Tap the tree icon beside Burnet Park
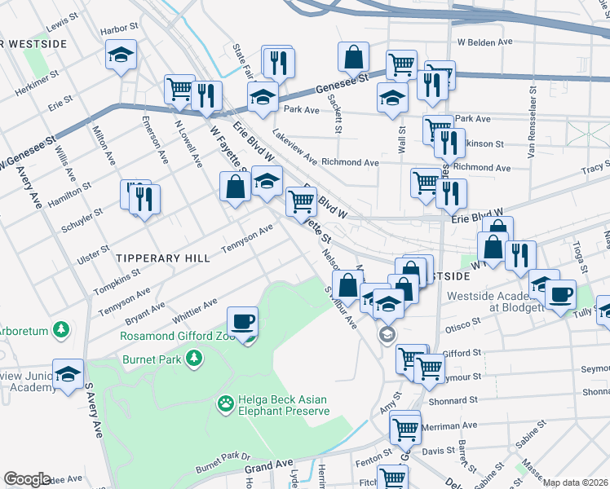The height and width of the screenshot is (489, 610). click(193, 358)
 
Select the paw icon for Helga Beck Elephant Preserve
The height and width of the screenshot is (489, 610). click(225, 403)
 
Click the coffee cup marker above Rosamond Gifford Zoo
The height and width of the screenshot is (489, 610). click(242, 322)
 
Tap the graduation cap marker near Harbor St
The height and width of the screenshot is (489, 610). click(121, 56)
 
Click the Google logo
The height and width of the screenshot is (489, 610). click(27, 478)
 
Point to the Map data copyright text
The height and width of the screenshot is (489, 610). click(575, 482)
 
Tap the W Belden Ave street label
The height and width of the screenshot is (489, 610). click(484, 41)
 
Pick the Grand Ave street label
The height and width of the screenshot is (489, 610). click(268, 467)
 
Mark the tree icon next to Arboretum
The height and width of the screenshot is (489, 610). click(60, 329)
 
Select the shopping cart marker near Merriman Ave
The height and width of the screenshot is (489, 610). click(404, 429)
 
